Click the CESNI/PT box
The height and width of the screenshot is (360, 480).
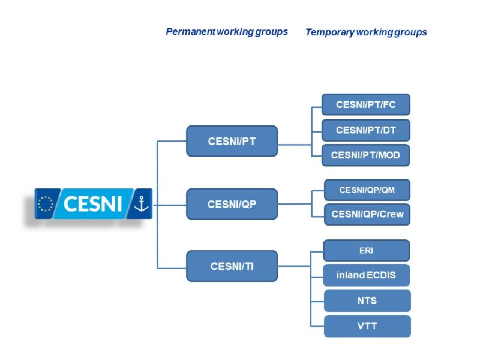tap(232, 141)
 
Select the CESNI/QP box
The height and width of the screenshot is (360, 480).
tap(232, 204)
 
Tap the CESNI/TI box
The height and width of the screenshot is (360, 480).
tap(232, 266)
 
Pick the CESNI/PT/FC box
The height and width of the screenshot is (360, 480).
tap(366, 104)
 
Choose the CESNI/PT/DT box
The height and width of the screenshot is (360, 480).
tap(366, 130)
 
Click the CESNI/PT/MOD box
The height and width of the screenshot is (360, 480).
tap(365, 155)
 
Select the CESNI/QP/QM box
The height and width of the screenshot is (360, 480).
tap(367, 190)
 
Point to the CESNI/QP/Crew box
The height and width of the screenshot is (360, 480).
tap(367, 214)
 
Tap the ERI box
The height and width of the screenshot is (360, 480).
tap(367, 250)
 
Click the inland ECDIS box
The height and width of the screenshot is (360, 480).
tap(367, 275)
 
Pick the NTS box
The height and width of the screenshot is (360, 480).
tap(367, 301)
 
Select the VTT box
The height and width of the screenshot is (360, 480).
tap(367, 326)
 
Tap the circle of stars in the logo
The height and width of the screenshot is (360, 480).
tap(46, 204)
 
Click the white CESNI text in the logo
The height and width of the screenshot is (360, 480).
tap(92, 204)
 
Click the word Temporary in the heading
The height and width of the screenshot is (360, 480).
tap(329, 32)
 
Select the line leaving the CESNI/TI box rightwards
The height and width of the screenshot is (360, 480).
tap(294, 266)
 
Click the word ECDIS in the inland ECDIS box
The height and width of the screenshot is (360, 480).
tap(380, 275)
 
